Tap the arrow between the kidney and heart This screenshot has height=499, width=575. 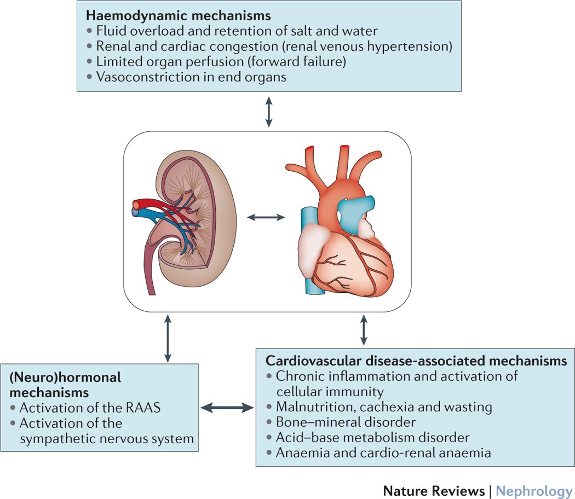coord(266,218)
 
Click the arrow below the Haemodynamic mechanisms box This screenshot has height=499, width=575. coord(268,112)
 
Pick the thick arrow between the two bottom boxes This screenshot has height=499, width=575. coord(227,408)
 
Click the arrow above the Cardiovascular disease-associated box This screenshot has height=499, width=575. coord(363,328)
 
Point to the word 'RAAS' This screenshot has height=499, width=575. coord(148,408)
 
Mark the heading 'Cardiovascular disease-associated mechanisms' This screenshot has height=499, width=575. coord(416,361)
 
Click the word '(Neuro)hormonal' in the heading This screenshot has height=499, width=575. coord(65,378)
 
